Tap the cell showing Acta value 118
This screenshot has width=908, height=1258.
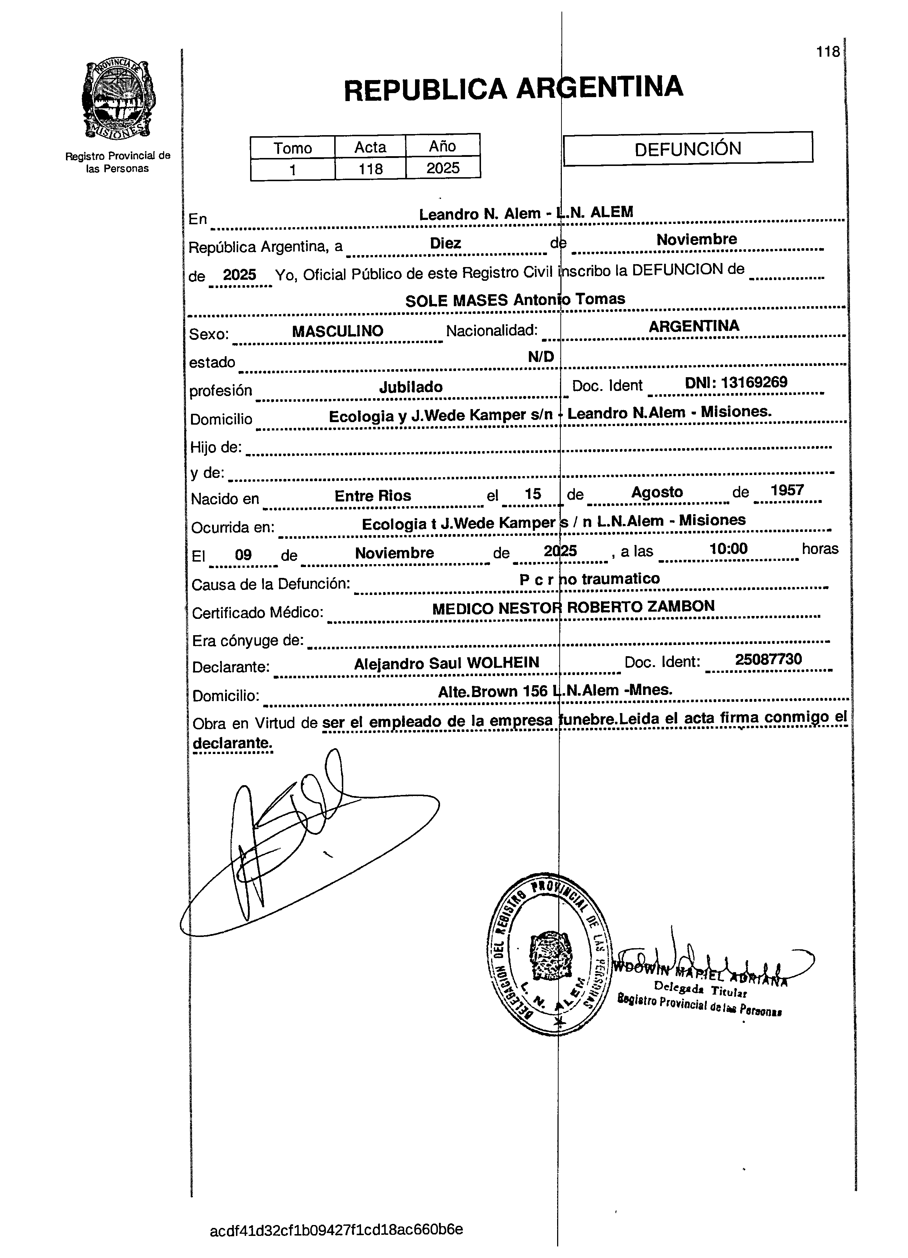click(x=370, y=168)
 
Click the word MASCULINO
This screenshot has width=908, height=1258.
click(x=337, y=331)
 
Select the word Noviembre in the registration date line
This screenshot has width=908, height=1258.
click(x=697, y=239)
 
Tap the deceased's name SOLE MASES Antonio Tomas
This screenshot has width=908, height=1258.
click(x=515, y=300)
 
